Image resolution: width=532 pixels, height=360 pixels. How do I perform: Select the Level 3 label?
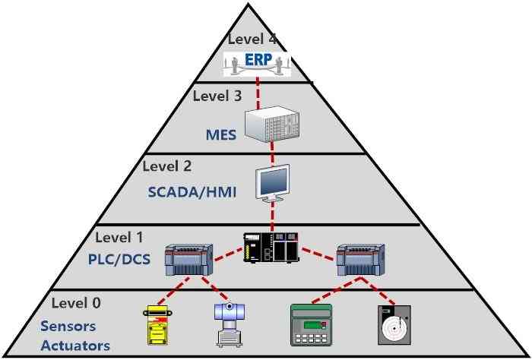(219, 96)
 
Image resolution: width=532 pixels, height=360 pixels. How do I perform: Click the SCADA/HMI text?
(192, 192)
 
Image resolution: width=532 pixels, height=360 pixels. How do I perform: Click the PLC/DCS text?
(119, 259)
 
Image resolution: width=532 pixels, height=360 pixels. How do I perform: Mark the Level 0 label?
(75, 303)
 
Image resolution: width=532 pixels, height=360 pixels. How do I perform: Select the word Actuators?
(75, 346)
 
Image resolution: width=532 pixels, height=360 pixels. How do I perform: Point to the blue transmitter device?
(226, 324)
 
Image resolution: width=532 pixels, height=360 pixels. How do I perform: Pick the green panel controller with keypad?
(312, 325)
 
